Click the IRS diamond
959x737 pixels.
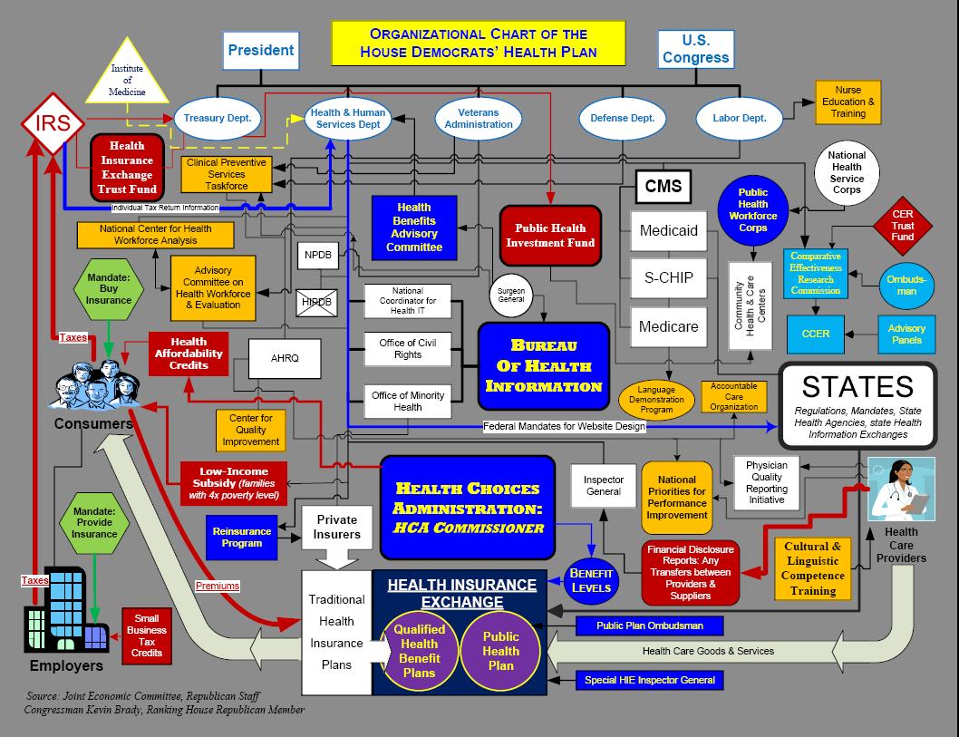tap(53, 123)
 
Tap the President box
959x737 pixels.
tap(260, 51)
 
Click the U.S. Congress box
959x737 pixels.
tap(695, 49)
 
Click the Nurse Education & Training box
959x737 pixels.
tap(848, 102)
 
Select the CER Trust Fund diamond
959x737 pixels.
tap(902, 226)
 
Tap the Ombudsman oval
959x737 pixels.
tap(907, 285)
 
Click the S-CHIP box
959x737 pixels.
tap(668, 277)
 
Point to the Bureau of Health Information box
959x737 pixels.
tap(543, 365)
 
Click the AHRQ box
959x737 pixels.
tap(284, 358)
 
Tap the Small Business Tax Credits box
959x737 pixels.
tap(146, 634)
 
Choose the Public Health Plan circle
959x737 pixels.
tap(500, 651)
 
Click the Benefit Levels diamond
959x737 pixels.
tap(591, 580)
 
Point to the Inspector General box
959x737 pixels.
tap(603, 485)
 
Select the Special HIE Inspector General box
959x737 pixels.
tap(649, 680)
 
